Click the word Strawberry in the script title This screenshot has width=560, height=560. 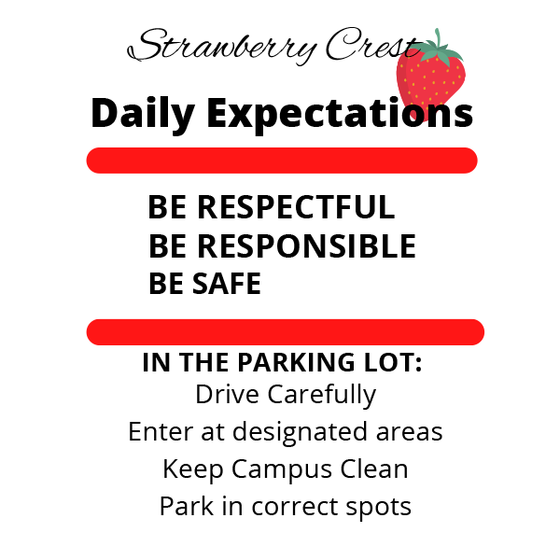(x=222, y=48)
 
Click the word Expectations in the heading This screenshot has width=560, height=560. (x=340, y=114)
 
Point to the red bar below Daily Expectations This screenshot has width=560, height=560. (x=282, y=161)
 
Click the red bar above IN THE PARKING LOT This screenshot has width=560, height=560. (x=286, y=332)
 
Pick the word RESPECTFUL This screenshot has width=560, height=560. (x=296, y=207)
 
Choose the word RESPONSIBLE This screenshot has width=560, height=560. (x=306, y=245)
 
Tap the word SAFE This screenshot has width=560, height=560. (x=227, y=284)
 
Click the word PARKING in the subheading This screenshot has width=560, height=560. (x=297, y=362)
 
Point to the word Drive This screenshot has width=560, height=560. (x=227, y=394)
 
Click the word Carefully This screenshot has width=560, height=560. (x=321, y=396)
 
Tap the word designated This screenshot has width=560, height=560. (x=300, y=433)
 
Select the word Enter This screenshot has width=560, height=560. (x=161, y=431)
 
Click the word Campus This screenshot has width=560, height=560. (x=282, y=470)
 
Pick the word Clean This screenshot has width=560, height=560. (x=374, y=469)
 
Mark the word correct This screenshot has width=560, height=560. (x=295, y=507)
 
